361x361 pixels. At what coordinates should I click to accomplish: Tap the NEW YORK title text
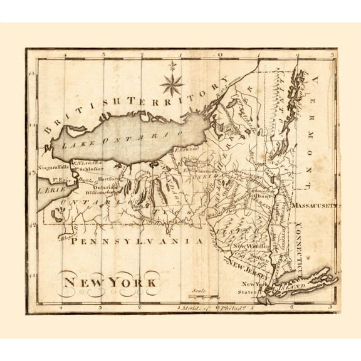[x=109, y=281]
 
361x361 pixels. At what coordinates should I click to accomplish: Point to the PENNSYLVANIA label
[x=136, y=241]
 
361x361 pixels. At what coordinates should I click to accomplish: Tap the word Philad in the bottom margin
[x=229, y=308]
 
